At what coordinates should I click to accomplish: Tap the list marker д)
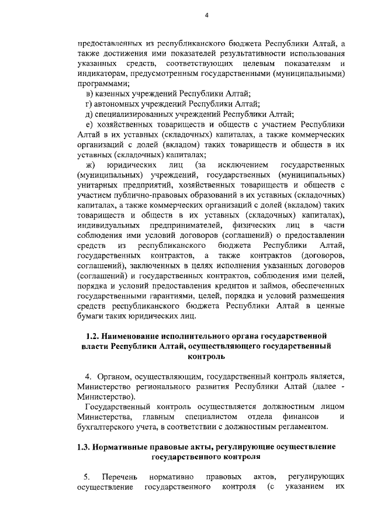click(x=89, y=114)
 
